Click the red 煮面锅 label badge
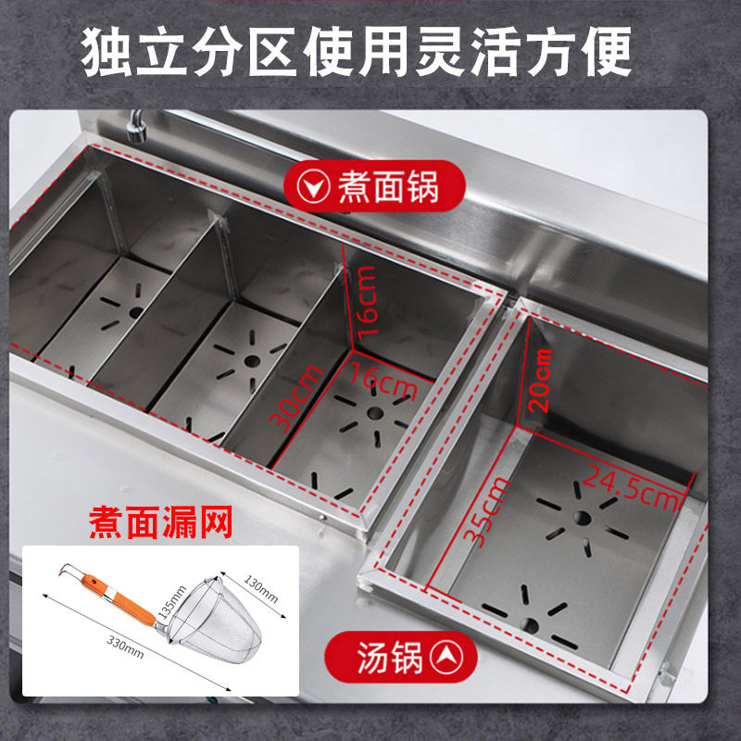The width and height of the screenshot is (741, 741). click(374, 186)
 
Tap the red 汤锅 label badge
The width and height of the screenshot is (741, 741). click(401, 657)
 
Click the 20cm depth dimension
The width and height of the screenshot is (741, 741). click(541, 381)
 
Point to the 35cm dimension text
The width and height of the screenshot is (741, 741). click(487, 512)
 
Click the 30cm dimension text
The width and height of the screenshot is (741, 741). click(296, 398)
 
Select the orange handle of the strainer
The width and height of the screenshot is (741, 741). click(119, 598)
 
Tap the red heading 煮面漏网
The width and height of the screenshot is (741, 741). click(160, 522)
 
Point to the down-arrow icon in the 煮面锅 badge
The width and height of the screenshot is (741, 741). click(313, 187)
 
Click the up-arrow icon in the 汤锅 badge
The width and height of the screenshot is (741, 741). click(446, 657)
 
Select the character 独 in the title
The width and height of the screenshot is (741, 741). click(107, 52)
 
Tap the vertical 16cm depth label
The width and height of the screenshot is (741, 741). click(368, 303)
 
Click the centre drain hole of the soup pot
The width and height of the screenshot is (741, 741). click(583, 518)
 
